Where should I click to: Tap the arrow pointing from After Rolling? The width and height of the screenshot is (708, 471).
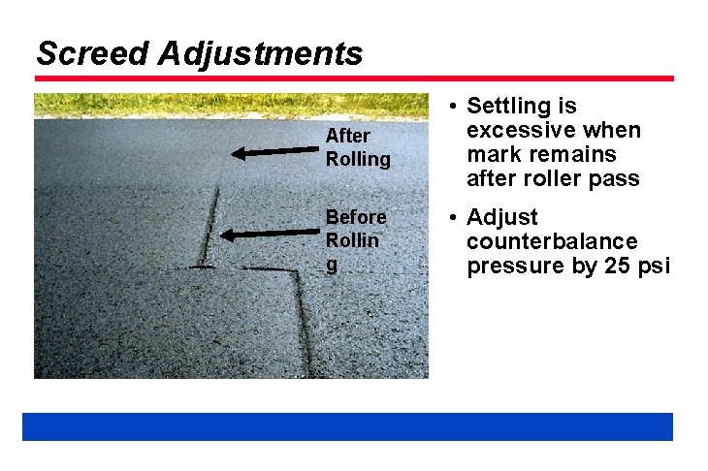point(275,150)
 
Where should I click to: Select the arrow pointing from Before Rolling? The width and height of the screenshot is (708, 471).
point(271,233)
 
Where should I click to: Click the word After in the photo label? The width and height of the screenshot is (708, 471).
point(346,136)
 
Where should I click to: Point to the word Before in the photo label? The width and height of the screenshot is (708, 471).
point(356,216)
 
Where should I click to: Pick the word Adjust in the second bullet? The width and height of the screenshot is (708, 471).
point(502,217)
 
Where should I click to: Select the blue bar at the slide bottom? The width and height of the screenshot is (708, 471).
point(347,426)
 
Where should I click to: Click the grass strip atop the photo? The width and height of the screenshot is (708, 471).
point(231,106)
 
